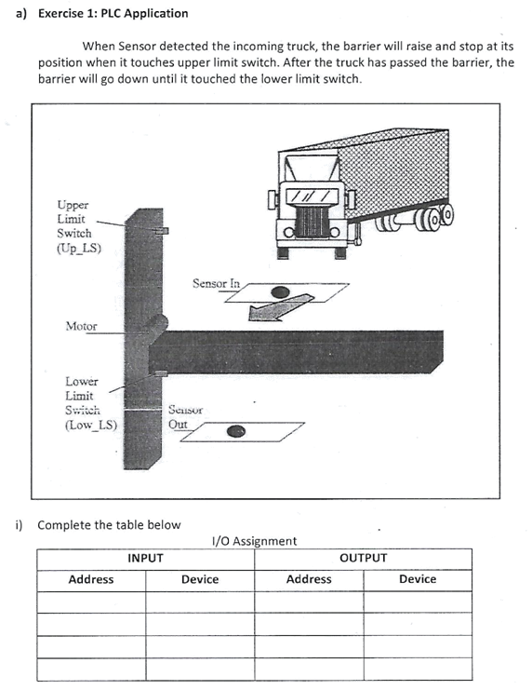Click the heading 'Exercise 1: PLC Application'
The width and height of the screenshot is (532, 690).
click(113, 13)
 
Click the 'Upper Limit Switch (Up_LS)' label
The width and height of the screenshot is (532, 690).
click(78, 225)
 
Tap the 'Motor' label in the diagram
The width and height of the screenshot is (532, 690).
click(81, 326)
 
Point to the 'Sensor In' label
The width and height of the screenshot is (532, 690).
click(216, 282)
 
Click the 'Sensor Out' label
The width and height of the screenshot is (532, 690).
click(185, 416)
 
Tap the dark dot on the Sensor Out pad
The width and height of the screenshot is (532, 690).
click(237, 431)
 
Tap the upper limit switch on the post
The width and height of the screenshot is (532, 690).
click(160, 228)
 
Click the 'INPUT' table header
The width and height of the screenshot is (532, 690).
click(145, 558)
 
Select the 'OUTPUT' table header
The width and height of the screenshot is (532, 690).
click(363, 558)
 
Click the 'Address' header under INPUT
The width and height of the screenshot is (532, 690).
click(91, 579)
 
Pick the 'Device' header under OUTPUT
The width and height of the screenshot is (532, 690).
click(417, 579)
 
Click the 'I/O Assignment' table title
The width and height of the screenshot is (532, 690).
click(255, 540)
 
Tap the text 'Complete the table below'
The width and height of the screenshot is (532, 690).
click(109, 524)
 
